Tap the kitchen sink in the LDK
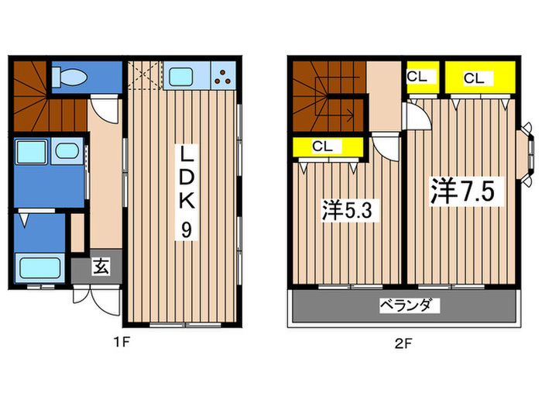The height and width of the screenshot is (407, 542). pos(183,76)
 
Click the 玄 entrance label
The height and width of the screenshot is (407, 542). pos(101,268)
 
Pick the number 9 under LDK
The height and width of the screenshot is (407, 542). pos(187,229)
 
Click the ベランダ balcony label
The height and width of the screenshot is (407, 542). pos(404,305)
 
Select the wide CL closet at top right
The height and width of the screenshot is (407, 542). pos(475,78)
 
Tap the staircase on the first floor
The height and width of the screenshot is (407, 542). pos(46,101)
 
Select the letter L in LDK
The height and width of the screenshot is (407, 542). pos(187,153)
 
